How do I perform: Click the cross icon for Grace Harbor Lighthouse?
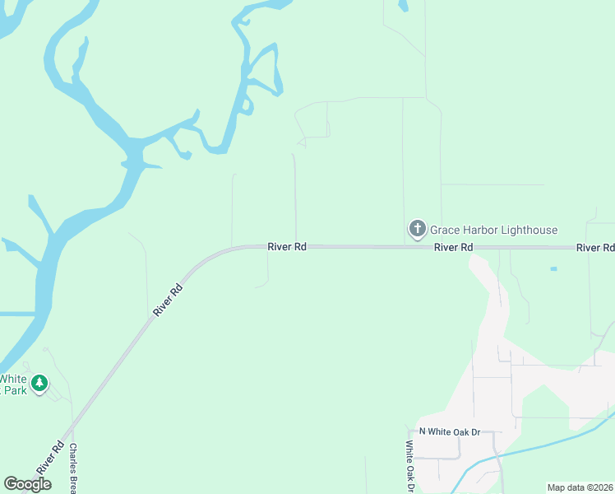point(417,228)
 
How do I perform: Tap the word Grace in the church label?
point(446,231)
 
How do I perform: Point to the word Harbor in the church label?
point(483,231)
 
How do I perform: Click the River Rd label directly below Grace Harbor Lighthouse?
point(453,247)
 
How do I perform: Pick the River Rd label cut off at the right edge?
point(595,248)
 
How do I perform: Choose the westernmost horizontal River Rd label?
point(287,246)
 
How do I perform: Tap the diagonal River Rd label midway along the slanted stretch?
point(167,301)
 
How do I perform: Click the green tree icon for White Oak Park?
point(39,382)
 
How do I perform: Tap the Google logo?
point(27,484)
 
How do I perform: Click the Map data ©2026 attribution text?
point(580,487)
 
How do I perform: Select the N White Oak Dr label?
point(449,431)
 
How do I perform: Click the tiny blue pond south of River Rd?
point(553,268)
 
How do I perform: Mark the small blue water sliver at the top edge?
point(402,5)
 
